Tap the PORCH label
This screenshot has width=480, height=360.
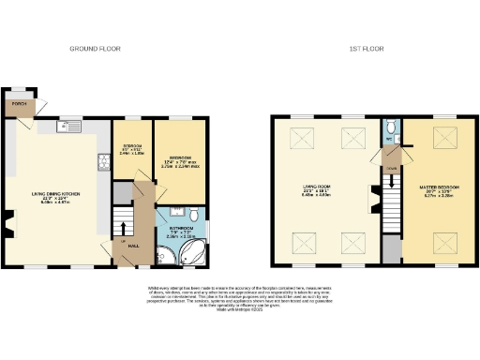coord(17,104)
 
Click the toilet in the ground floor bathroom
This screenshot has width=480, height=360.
coord(192,215)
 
